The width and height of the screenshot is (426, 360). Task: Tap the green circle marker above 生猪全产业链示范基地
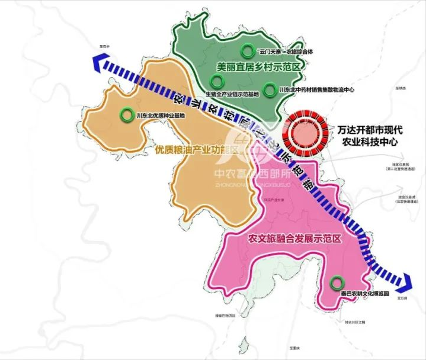click(x=217, y=82)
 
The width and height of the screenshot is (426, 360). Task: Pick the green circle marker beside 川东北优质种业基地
click(x=126, y=114)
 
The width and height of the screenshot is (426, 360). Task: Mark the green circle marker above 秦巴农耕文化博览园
click(x=337, y=282)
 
